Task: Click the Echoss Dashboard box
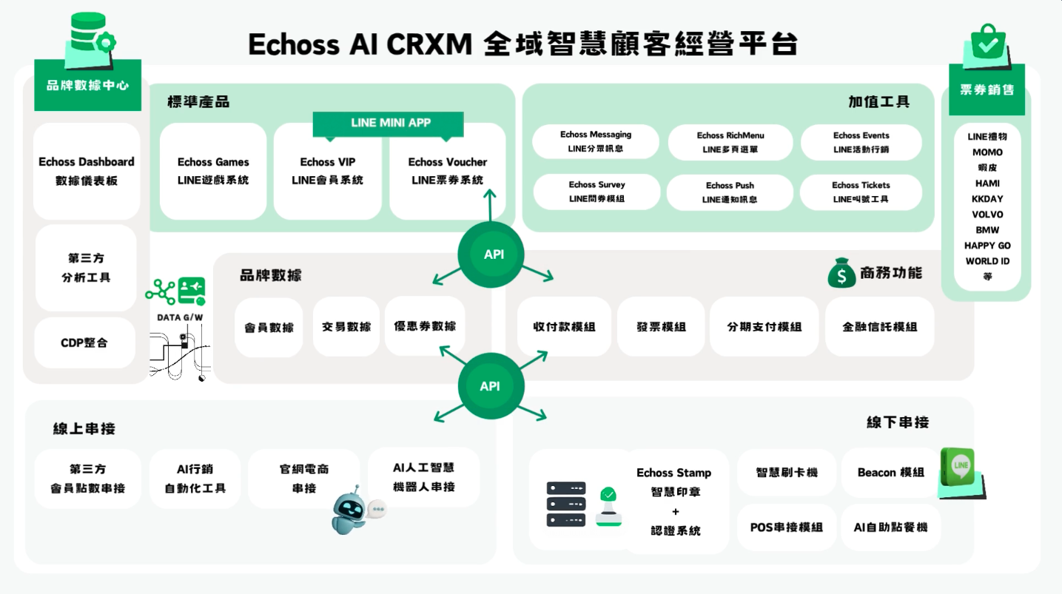click(x=87, y=171)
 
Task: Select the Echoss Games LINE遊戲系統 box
click(x=213, y=171)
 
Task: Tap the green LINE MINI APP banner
click(x=389, y=124)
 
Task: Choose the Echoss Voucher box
click(x=447, y=171)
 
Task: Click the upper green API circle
click(x=494, y=254)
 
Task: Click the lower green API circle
click(x=490, y=386)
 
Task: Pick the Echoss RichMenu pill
click(x=730, y=143)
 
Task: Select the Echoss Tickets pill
click(x=861, y=192)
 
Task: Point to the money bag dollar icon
click(x=841, y=273)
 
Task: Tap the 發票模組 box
click(x=661, y=327)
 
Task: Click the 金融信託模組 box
click(x=879, y=327)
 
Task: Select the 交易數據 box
click(x=346, y=327)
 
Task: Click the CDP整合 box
click(x=84, y=343)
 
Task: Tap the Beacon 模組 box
click(x=890, y=473)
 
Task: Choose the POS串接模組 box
click(x=786, y=527)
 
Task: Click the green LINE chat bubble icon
click(x=961, y=469)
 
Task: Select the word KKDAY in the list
click(x=987, y=199)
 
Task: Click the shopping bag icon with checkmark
click(x=987, y=45)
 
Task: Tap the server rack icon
click(x=565, y=504)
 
